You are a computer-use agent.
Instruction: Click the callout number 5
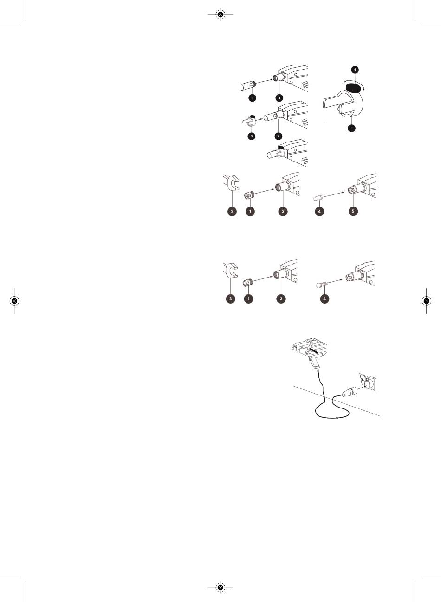(353, 211)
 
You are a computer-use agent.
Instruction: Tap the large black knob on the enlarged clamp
(353, 88)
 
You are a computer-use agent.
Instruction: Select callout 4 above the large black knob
(355, 70)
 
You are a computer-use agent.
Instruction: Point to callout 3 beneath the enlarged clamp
(351, 128)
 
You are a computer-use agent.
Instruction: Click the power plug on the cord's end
(350, 391)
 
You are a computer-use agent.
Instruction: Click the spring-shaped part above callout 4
(322, 284)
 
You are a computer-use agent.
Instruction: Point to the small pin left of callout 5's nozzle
(318, 198)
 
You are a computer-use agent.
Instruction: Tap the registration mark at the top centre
(220, 14)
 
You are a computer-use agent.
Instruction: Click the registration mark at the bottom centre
(220, 588)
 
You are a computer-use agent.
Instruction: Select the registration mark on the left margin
(14, 301)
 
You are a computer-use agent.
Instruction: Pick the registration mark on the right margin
(427, 301)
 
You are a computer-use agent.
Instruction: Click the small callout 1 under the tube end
(253, 97)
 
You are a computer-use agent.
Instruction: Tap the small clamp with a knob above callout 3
(249, 120)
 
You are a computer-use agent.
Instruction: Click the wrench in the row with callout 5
(231, 182)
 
